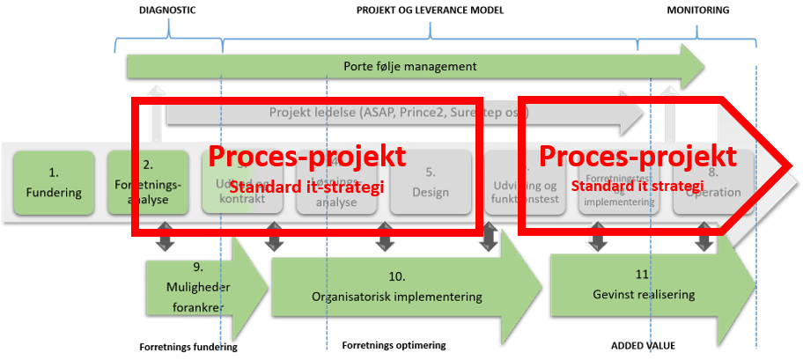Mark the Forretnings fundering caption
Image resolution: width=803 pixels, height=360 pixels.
pyautogui.click(x=188, y=347)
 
